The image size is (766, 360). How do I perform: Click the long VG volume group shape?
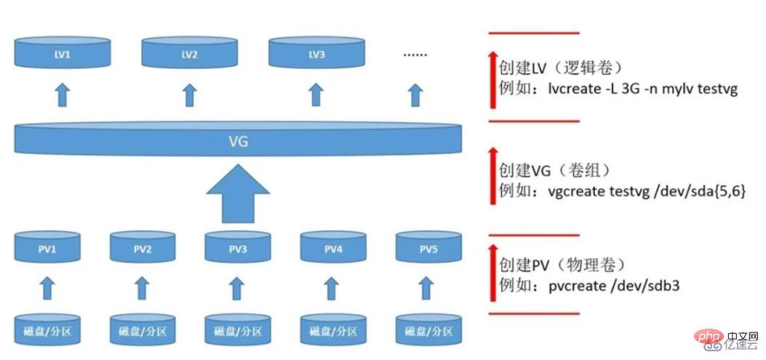coord(239,140)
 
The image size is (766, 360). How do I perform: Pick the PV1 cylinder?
coord(47,248)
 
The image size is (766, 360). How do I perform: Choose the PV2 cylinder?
coord(143,248)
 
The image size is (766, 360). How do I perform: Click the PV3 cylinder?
coord(238,248)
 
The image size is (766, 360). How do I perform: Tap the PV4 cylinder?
coord(333,248)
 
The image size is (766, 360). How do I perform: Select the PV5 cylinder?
coord(428,248)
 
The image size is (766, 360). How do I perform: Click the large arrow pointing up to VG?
coord(238,193)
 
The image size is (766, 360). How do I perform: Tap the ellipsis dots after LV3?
coord(415,54)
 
